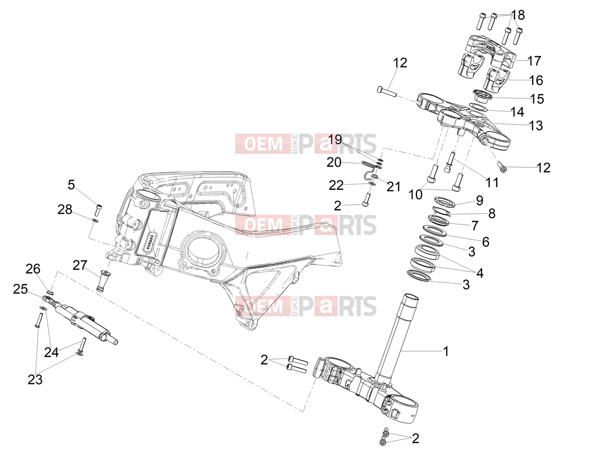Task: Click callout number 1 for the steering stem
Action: click(x=446, y=351)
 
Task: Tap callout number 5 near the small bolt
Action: click(x=72, y=185)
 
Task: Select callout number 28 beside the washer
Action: click(x=65, y=209)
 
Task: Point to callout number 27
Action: click(x=80, y=266)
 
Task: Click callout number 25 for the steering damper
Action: click(x=20, y=289)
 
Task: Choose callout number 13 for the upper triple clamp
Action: click(x=536, y=125)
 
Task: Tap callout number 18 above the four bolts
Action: click(x=518, y=15)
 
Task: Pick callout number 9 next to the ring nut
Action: click(x=479, y=200)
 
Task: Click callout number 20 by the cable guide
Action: click(x=334, y=162)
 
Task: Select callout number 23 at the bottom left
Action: click(x=35, y=379)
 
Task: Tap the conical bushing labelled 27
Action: click(x=102, y=280)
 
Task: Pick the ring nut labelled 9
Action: click(x=444, y=201)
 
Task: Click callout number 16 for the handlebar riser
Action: click(x=536, y=80)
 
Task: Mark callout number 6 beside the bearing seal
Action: click(x=486, y=242)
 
